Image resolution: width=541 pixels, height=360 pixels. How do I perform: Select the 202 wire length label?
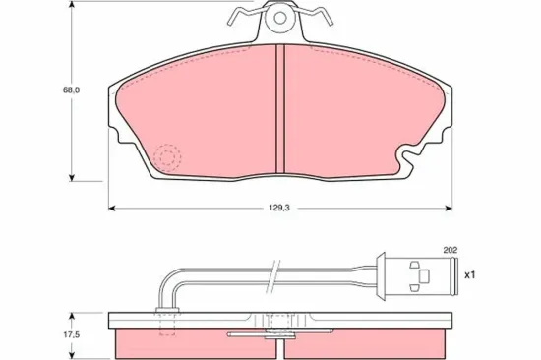tap(451, 250)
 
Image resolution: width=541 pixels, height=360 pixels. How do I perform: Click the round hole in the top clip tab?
tap(279, 17)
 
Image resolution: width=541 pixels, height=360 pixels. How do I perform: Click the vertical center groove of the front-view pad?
tap(279, 108)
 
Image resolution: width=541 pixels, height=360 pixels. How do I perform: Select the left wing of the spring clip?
tap(241, 16)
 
